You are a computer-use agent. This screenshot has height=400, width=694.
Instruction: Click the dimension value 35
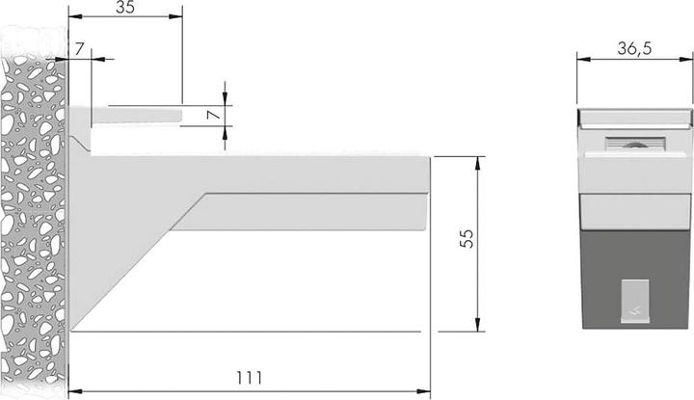click(126, 10)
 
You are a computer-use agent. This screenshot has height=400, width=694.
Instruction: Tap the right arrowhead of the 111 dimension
click(424, 390)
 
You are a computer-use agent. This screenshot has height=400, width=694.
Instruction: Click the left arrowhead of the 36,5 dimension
click(581, 60)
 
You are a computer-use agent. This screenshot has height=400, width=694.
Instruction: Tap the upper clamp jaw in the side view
click(135, 116)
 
